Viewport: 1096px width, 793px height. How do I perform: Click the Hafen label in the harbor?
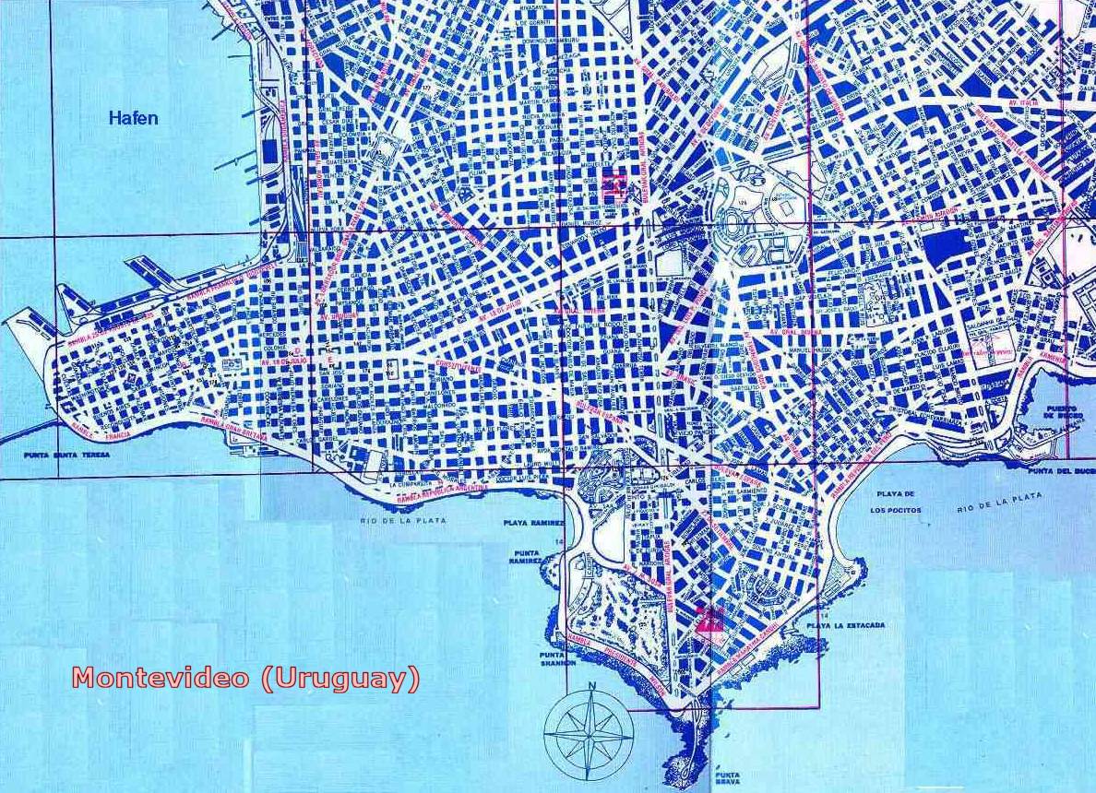tap(133, 118)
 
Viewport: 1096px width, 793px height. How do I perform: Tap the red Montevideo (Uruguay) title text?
tap(245, 679)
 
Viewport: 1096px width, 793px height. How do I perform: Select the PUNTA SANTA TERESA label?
tap(70, 455)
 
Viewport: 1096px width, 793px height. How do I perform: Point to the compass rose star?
tap(588, 733)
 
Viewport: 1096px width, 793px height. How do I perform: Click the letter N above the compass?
tap(591, 685)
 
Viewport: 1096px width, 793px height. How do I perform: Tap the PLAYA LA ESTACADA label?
tap(845, 625)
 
